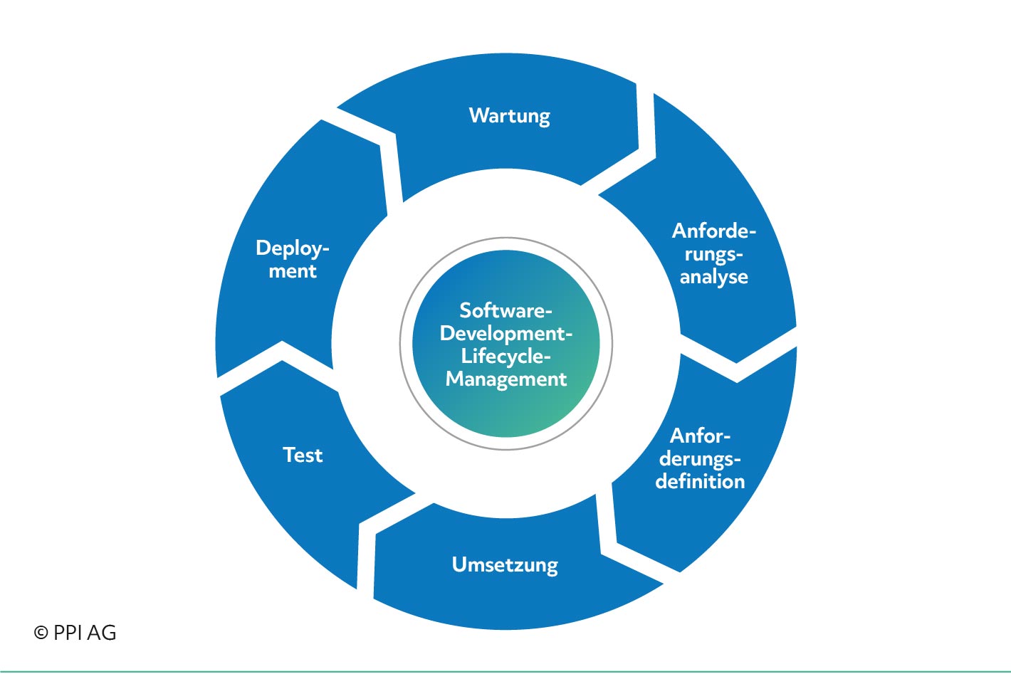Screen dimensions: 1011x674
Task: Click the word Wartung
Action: pyautogui.click(x=510, y=116)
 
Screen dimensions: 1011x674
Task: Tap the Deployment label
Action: pyautogui.click(x=293, y=259)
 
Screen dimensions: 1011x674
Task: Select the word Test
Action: pyautogui.click(x=303, y=455)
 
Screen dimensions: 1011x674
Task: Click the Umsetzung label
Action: pyautogui.click(x=505, y=565)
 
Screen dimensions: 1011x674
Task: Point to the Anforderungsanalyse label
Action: pyautogui.click(x=713, y=254)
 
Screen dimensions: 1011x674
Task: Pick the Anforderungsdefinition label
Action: pyautogui.click(x=700, y=459)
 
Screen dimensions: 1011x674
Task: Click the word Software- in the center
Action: pyautogui.click(x=506, y=310)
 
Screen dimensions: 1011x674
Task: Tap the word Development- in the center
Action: pyautogui.click(x=506, y=334)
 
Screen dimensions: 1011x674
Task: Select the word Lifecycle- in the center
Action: pyautogui.click(x=506, y=357)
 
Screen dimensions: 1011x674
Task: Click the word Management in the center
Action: pyautogui.click(x=506, y=379)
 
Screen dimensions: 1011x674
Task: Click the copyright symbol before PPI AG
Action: pyautogui.click(x=41, y=633)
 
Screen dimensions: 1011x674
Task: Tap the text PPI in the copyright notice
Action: pyautogui.click(x=68, y=633)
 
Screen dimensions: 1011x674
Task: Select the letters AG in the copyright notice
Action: pyautogui.click(x=102, y=633)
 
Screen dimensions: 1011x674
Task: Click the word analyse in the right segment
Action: pyautogui.click(x=713, y=277)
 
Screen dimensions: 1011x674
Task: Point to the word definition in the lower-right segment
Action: pyautogui.click(x=700, y=481)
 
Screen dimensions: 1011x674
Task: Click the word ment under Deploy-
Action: pyautogui.click(x=293, y=271)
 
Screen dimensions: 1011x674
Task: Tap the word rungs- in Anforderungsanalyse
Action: pyautogui.click(x=713, y=255)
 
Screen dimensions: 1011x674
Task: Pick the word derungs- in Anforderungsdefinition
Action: pyautogui.click(x=700, y=459)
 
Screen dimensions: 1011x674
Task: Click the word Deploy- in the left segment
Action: pyautogui.click(x=293, y=248)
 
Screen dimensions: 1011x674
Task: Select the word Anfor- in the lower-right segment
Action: pyautogui.click(x=700, y=436)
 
